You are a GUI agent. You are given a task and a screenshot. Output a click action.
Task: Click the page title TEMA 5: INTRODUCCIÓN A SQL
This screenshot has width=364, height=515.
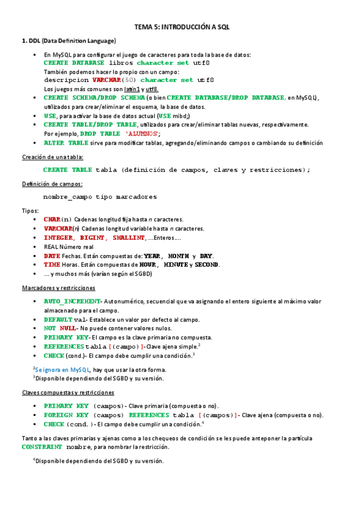coord(182,27)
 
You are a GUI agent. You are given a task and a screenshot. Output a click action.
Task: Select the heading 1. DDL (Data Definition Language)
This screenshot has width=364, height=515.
coord(69,41)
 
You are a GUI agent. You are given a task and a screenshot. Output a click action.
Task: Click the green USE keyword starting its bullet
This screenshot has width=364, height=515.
coord(50,115)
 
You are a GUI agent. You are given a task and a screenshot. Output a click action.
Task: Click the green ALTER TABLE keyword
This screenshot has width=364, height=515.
coord(66,143)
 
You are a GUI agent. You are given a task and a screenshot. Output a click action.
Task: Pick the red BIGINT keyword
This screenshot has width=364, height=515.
coord(92,237)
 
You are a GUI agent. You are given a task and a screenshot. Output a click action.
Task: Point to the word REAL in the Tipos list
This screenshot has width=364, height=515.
coord(51,247)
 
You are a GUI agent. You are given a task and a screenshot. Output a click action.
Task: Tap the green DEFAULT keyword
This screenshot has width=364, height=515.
coord(58,319)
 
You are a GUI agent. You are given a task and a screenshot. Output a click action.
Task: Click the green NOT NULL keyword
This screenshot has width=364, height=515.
coord(60,328)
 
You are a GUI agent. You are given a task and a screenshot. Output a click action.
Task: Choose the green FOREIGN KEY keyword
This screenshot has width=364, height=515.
coord(66,415)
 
